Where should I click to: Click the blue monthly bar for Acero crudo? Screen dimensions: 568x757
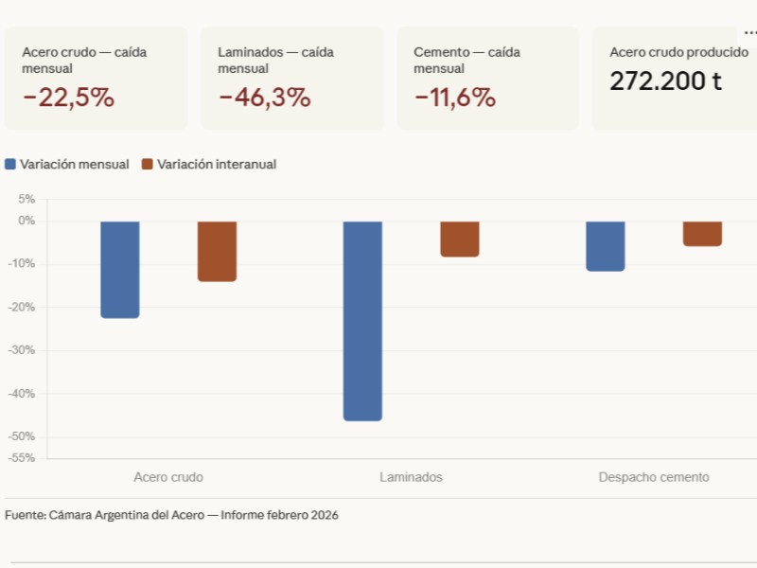tap(120, 269)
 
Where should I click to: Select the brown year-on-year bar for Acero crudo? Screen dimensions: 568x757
tap(217, 251)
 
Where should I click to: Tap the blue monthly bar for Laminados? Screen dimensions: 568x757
tap(362, 320)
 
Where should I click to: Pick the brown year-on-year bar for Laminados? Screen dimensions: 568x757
tap(460, 239)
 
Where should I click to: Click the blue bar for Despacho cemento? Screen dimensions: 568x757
tap(605, 246)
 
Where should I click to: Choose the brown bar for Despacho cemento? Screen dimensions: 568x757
tap(702, 233)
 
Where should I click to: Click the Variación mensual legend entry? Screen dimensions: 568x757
tap(67, 164)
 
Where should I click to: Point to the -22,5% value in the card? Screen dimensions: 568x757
tap(68, 98)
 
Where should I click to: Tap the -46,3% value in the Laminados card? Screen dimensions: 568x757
tap(264, 98)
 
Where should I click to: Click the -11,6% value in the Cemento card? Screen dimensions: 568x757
tap(454, 98)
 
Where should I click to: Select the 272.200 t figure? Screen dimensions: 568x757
tap(665, 81)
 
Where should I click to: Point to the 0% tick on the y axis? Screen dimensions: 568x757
tap(26, 221)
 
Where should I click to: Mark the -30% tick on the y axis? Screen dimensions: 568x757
tap(23, 350)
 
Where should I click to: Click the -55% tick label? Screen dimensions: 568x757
tap(23, 457)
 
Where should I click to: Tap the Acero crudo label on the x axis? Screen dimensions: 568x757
tap(168, 477)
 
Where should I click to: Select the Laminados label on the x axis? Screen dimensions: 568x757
tap(411, 477)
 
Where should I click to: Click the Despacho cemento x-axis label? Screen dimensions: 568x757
tap(653, 477)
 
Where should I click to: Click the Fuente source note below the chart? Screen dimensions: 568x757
tap(171, 515)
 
